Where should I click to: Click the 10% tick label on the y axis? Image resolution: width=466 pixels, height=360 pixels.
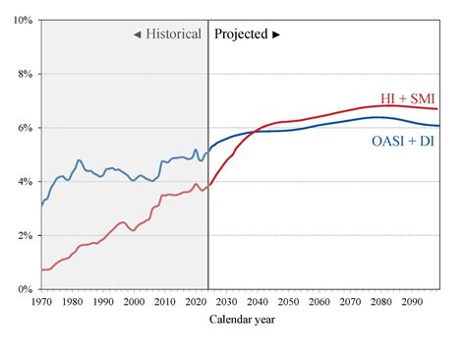23,20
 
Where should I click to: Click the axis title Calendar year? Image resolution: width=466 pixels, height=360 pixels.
241,320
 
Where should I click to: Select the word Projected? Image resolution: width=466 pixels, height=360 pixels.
241,33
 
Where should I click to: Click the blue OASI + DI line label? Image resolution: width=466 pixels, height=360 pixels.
403,144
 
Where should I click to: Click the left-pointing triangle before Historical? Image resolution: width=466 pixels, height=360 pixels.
139,33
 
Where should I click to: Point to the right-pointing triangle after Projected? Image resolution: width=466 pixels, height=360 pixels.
277,33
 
